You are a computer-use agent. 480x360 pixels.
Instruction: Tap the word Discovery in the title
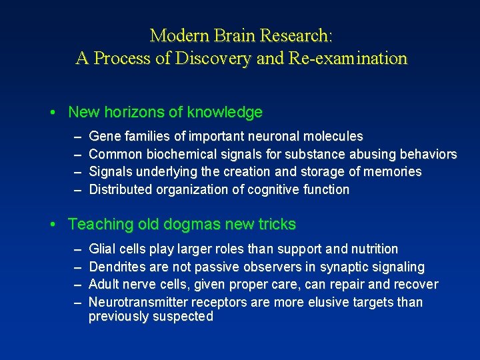(213, 59)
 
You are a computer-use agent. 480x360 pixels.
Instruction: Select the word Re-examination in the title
(347, 59)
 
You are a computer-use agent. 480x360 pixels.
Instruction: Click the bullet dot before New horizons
(53, 113)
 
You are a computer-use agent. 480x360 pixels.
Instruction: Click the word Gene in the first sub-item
(103, 137)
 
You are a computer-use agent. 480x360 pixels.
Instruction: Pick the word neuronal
(275, 137)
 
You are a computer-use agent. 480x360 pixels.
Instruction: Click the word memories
(393, 172)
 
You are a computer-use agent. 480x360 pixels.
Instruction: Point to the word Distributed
(121, 189)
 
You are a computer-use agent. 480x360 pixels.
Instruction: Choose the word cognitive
(271, 189)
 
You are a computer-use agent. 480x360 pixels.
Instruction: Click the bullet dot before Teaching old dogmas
(53, 225)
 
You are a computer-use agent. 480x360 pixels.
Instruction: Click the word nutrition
(375, 249)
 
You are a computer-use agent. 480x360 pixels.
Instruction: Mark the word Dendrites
(118, 267)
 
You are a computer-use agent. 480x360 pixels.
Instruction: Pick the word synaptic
(345, 267)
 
